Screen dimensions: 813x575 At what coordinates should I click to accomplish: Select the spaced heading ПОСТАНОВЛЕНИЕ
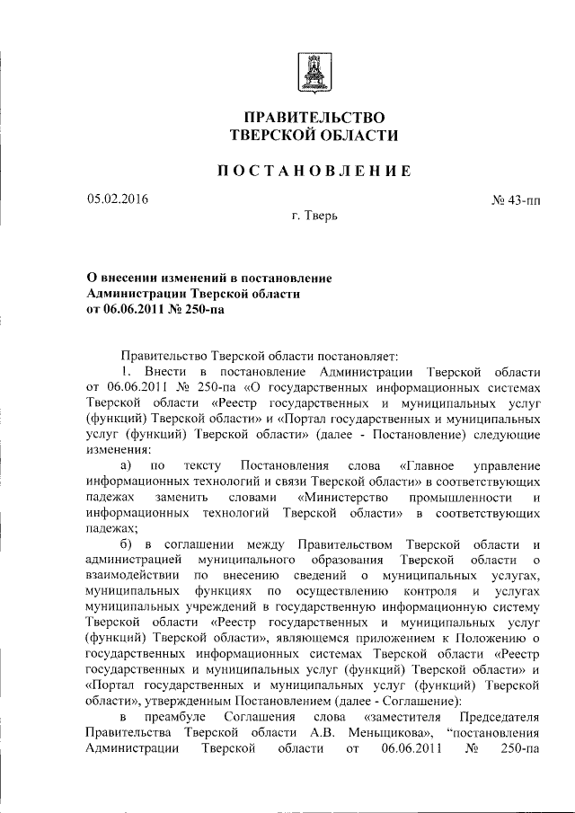[x=314, y=171]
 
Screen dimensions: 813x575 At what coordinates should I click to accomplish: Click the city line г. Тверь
[x=314, y=216]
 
